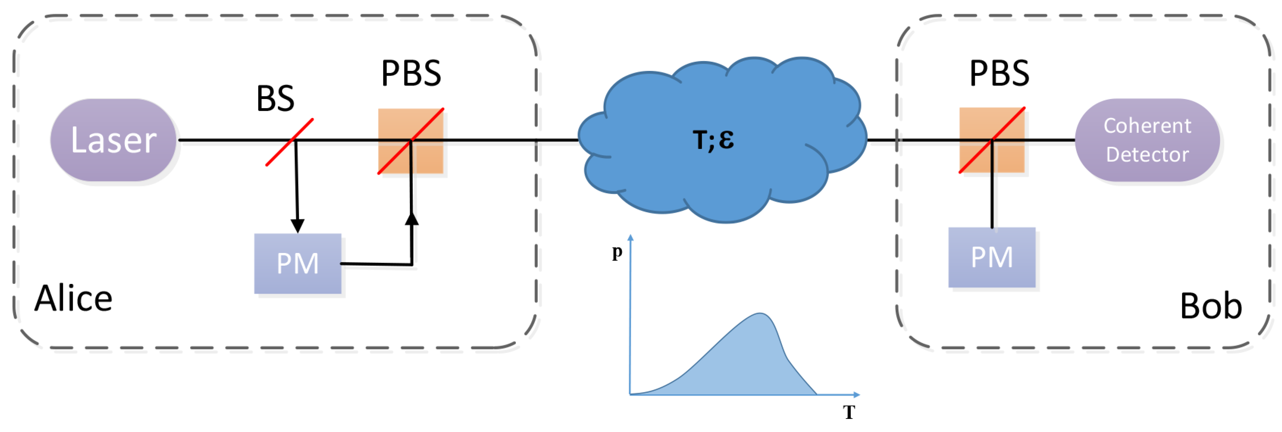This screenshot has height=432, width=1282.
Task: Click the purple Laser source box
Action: (x=113, y=140)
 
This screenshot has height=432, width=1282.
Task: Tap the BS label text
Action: (x=275, y=99)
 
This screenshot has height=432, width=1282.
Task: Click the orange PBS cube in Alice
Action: (x=411, y=141)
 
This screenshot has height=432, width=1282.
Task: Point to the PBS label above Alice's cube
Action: (x=411, y=74)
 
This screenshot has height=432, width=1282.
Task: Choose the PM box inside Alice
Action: (x=298, y=264)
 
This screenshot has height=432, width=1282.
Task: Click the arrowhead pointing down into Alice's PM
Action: (x=298, y=226)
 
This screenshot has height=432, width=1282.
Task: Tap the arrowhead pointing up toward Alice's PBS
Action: (x=412, y=219)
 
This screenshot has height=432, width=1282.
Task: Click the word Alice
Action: (x=74, y=299)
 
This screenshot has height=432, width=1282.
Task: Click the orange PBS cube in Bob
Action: (x=992, y=140)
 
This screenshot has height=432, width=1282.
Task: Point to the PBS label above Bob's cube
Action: (x=999, y=74)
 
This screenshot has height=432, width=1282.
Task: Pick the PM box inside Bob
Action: (x=992, y=258)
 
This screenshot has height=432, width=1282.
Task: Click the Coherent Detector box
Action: (x=1147, y=140)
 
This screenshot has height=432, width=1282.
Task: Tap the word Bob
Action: (x=1211, y=306)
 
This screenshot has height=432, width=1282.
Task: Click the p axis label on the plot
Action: (x=617, y=252)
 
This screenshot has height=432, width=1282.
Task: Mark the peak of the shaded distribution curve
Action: (x=760, y=314)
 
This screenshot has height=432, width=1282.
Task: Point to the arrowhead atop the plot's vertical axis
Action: (x=631, y=238)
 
